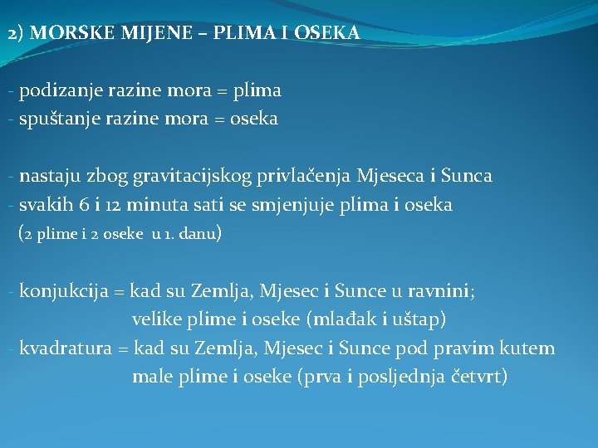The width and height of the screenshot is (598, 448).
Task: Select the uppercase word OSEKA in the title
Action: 327,34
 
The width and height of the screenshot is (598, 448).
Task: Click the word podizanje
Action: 58,90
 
